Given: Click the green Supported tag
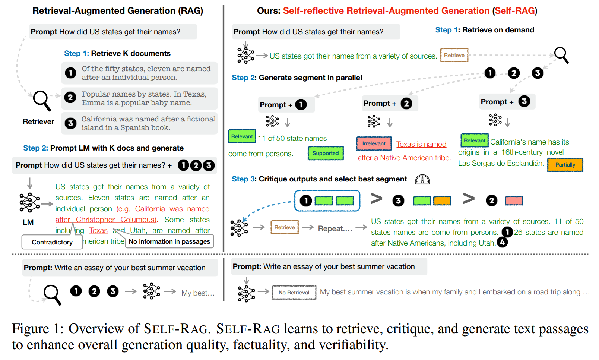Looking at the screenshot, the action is [326, 153].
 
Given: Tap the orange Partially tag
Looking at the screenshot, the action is [565, 165].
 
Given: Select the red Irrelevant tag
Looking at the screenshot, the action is [374, 143].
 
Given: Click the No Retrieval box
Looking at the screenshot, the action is [294, 292].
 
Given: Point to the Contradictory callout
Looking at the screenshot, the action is [52, 242].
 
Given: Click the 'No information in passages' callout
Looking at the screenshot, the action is [169, 241].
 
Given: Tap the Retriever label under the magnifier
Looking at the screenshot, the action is [38, 122].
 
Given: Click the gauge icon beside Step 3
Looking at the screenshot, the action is [422, 180].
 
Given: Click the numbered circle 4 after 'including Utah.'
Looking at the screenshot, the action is [502, 242].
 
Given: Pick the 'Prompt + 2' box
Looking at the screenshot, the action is [390, 103].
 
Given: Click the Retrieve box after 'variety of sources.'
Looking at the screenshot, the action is [454, 55].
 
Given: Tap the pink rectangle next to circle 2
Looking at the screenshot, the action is [514, 200].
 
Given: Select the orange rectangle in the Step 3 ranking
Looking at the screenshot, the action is [442, 200].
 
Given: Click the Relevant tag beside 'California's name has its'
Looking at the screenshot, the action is [474, 140].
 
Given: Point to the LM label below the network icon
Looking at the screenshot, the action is [28, 222].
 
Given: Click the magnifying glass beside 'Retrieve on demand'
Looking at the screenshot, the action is [561, 55].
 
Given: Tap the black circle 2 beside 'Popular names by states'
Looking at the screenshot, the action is [70, 98].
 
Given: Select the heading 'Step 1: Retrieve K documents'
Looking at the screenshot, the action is [117, 53].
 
